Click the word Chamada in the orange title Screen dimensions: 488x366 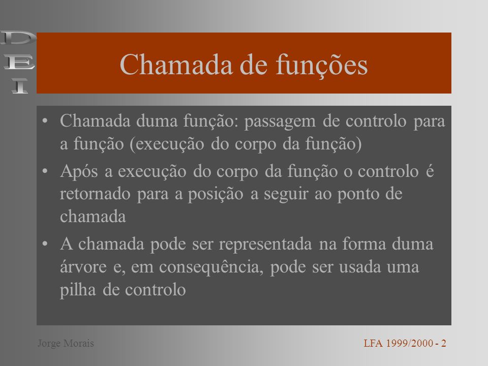point(176,65)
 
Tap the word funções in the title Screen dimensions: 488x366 point(322,66)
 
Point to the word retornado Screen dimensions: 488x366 point(95,194)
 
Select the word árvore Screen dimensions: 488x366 point(83,266)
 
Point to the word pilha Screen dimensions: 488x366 point(78,290)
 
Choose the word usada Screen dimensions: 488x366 point(360,267)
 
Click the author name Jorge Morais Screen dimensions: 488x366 point(66,343)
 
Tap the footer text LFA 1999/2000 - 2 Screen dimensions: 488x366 point(405,343)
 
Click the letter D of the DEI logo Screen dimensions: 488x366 point(19,38)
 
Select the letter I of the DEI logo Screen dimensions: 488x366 point(20,86)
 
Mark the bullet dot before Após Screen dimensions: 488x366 point(45,171)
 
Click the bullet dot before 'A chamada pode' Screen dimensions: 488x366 point(45,243)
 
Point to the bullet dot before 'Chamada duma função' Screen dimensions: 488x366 point(45,121)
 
